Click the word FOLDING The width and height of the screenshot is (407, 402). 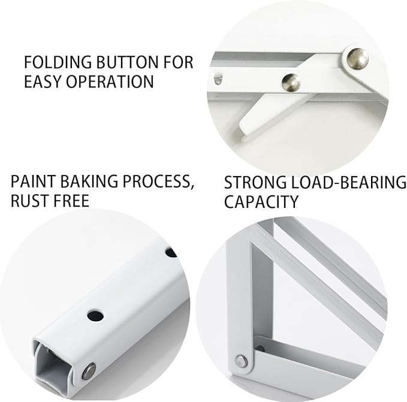point(58,62)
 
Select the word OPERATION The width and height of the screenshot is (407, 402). point(110,81)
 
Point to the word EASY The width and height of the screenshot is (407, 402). point(43,81)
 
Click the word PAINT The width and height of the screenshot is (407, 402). point(33,182)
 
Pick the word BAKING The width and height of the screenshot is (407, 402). point(89,182)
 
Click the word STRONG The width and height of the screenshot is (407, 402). point(255,182)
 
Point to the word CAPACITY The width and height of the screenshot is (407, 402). point(261,202)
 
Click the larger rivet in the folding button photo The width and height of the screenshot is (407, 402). point(358,59)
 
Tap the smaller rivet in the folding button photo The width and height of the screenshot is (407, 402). point(292,83)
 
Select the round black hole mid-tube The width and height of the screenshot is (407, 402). point(95,316)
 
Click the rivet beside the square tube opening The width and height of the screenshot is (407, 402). point(89,371)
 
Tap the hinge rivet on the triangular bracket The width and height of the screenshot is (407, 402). point(241,361)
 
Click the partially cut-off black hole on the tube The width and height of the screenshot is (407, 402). point(171,252)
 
